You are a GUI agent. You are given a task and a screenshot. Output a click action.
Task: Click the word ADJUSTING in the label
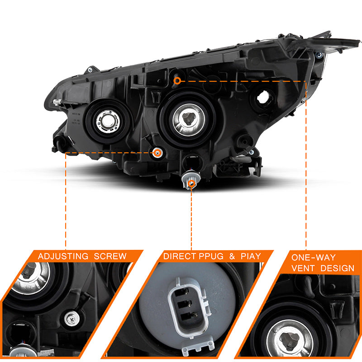click(63, 256)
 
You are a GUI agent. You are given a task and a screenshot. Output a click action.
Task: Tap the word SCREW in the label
click(110, 256)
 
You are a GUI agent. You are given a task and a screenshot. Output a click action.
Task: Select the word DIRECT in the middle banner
click(180, 256)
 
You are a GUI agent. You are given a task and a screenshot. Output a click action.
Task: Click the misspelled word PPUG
click(211, 256)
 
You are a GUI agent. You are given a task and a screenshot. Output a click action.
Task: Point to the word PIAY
click(251, 256)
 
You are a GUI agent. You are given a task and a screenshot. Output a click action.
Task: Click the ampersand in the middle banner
click(232, 256)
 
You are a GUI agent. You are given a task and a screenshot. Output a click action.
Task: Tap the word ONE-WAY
click(313, 257)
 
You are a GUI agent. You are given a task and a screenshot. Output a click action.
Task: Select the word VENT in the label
click(303, 268)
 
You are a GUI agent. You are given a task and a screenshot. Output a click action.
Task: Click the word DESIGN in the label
click(337, 268)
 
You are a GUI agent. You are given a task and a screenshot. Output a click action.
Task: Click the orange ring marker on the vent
click(177, 81)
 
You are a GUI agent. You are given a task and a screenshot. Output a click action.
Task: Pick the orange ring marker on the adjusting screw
click(157, 152)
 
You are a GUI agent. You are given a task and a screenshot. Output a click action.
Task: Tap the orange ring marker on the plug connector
click(191, 184)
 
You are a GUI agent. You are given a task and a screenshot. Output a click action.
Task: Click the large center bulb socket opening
click(189, 119)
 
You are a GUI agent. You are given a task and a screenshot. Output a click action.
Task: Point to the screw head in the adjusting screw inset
click(72, 319)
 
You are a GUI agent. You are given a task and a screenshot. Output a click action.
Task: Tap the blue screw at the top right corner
click(319, 55)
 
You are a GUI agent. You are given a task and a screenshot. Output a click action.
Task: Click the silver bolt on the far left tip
click(57, 101)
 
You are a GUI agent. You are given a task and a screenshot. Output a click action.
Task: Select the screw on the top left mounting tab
click(90, 69)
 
